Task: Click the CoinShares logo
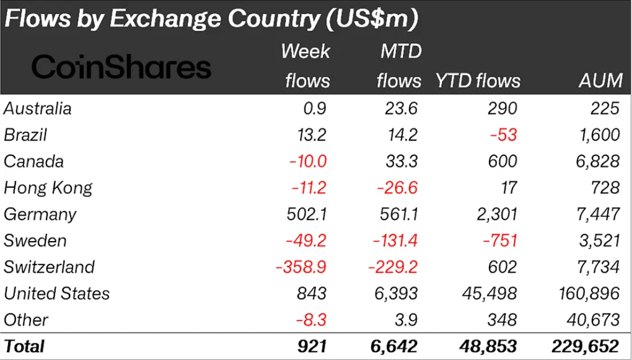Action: [x=121, y=67]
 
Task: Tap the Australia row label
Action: [x=38, y=108]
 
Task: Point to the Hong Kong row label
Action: [x=48, y=188]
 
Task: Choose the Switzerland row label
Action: [x=49, y=267]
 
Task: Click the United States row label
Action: [x=56, y=293]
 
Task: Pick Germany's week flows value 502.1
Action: [x=305, y=214]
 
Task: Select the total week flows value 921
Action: [x=310, y=346]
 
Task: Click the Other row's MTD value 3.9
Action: [x=405, y=320]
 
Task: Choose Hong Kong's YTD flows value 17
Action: [x=507, y=188]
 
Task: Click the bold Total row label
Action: [x=24, y=346]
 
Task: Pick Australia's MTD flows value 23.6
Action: [x=398, y=108]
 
